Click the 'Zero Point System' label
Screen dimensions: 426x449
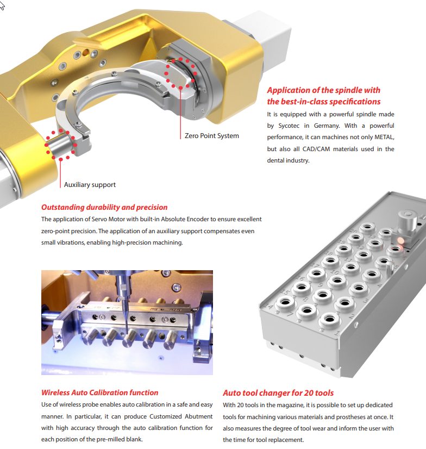click(x=211, y=135)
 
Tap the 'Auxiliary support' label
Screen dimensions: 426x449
click(x=90, y=184)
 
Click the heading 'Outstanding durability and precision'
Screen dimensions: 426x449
click(x=104, y=207)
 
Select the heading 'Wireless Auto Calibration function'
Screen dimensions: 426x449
click(x=99, y=392)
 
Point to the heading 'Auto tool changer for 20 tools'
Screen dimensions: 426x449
click(x=278, y=393)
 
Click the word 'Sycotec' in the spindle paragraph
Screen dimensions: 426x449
click(x=289, y=126)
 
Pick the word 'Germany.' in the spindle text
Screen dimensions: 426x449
click(x=327, y=126)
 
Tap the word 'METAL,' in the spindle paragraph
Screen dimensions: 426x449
click(x=384, y=137)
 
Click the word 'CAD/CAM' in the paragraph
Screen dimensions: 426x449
click(x=316, y=149)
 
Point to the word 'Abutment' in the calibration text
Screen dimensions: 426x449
click(x=199, y=416)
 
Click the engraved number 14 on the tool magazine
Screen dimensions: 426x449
click(x=268, y=306)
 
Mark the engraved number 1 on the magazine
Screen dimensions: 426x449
click(x=337, y=333)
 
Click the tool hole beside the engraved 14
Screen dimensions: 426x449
click(x=285, y=302)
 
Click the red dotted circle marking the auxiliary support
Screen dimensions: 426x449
click(x=60, y=145)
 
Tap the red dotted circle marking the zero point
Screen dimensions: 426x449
click(x=180, y=72)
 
